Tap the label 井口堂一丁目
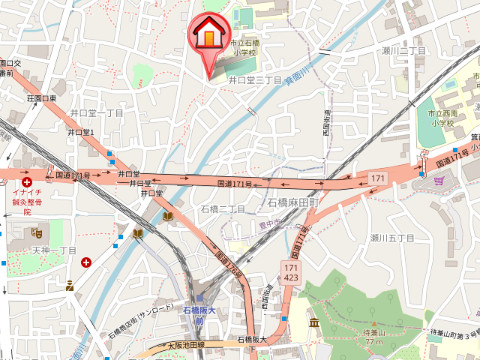point(96,113)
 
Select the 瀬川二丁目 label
point(404,49)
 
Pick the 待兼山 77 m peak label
point(376,340)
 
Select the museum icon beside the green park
point(314,323)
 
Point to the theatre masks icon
point(68,285)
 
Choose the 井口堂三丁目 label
point(252,78)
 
